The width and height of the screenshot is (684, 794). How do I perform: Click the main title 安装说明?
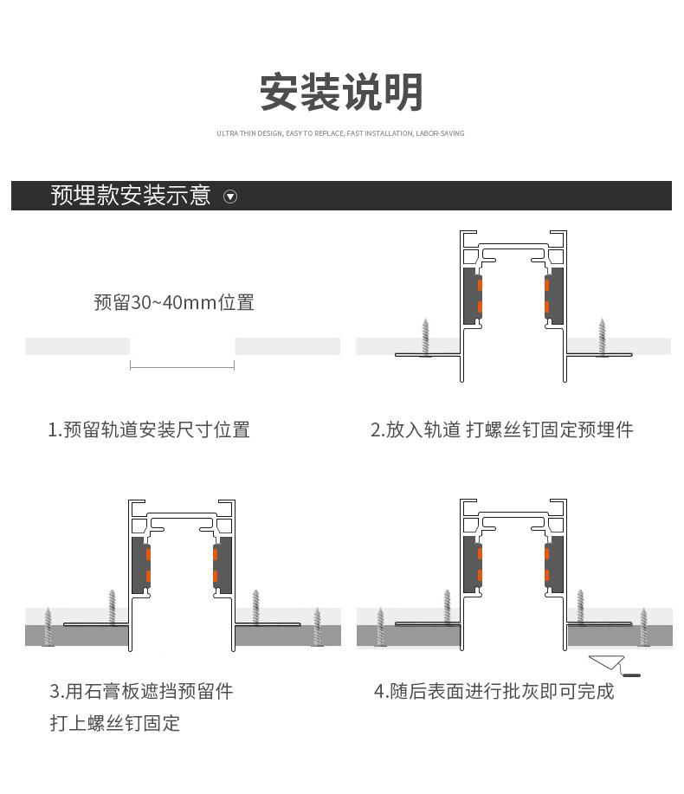click(x=341, y=93)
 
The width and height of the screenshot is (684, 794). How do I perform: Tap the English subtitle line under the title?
click(x=340, y=133)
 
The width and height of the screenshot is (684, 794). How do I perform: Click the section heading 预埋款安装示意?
click(x=131, y=196)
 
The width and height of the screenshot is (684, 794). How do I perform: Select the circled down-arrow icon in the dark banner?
click(x=230, y=197)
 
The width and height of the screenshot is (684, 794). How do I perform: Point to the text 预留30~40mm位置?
click(x=174, y=303)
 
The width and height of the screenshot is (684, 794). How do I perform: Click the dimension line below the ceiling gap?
click(x=182, y=367)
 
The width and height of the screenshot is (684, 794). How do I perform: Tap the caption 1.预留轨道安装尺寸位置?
click(x=149, y=429)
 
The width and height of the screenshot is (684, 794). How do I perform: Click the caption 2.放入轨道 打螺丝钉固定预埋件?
click(x=502, y=429)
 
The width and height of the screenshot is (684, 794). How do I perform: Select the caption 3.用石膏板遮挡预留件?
click(x=142, y=691)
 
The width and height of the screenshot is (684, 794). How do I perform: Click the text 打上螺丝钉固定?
click(x=115, y=723)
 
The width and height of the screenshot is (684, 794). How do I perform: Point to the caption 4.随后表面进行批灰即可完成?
click(x=494, y=691)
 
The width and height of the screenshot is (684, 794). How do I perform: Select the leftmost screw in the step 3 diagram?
click(x=49, y=626)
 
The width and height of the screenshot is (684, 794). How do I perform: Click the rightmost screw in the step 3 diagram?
click(x=318, y=626)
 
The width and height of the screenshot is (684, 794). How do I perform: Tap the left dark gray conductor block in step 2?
click(x=471, y=295)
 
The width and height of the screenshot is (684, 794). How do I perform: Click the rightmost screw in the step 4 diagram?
click(x=643, y=626)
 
